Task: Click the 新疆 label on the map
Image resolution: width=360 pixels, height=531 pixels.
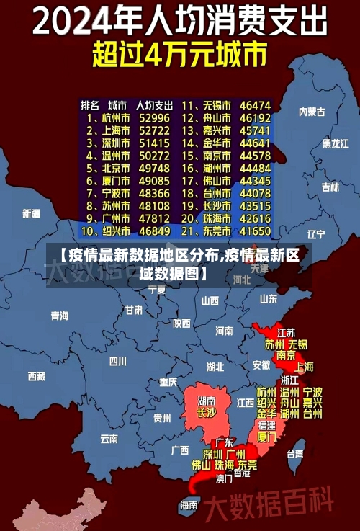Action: pyautogui.click(x=31, y=213)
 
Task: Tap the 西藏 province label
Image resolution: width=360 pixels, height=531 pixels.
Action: pyautogui.click(x=36, y=375)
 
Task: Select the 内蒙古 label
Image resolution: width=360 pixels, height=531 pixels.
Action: pyautogui.click(x=312, y=112)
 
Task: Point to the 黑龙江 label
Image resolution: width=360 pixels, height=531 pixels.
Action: pyautogui.click(x=335, y=143)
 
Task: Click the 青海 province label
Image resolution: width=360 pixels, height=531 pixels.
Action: pyautogui.click(x=59, y=316)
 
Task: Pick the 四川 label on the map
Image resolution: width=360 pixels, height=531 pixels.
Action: pyautogui.click(x=117, y=361)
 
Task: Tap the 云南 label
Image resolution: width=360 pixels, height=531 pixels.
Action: pyautogui.click(x=109, y=438)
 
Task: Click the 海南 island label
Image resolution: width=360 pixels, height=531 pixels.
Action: pyautogui.click(x=189, y=504)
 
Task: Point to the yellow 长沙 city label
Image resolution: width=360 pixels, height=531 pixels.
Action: pyautogui.click(x=207, y=413)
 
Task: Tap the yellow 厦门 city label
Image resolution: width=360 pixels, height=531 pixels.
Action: pyautogui.click(x=266, y=437)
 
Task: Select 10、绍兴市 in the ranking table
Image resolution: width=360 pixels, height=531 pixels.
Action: pyautogui.click(x=105, y=231)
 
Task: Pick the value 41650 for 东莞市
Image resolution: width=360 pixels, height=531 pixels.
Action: pyautogui.click(x=255, y=231)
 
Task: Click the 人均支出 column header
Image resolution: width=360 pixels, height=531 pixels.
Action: pyautogui.click(x=154, y=104)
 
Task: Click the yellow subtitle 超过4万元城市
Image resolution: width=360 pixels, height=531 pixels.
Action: pyautogui.click(x=179, y=54)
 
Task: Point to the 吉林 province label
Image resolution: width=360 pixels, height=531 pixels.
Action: pyautogui.click(x=330, y=187)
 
